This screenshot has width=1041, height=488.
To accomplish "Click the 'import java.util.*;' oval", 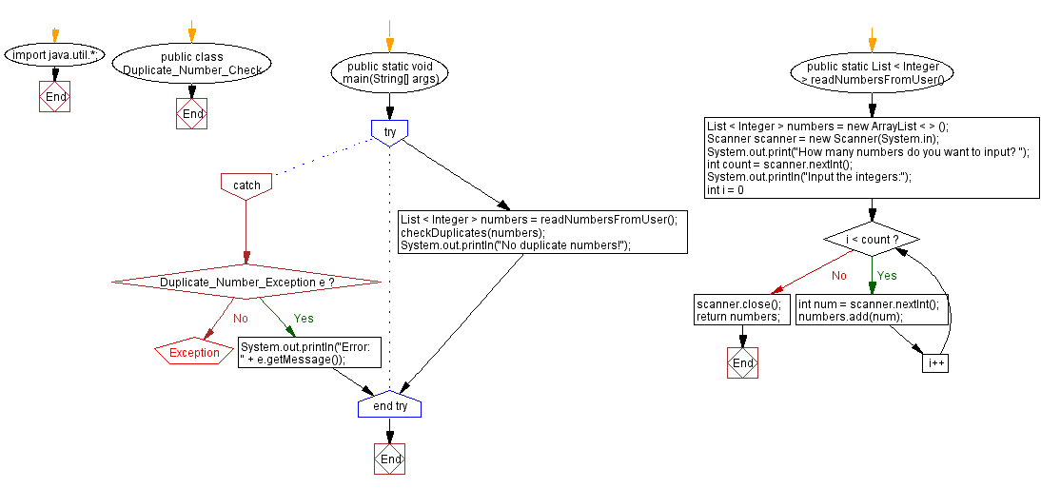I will [x=53, y=54].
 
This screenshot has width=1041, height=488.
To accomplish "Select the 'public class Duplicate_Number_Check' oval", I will [x=192, y=63].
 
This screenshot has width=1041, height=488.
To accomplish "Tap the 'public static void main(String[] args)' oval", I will [x=389, y=71].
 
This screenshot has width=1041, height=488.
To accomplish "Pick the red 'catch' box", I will [x=246, y=185].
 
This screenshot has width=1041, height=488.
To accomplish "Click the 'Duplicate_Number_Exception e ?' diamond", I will [x=246, y=283].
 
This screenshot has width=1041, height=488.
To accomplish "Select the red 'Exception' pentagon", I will [x=194, y=352].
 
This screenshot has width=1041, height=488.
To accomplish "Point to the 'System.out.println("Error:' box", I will [x=309, y=353].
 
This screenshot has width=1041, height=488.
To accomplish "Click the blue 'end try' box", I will [x=389, y=406].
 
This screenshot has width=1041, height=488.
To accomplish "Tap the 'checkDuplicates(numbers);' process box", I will [x=541, y=232].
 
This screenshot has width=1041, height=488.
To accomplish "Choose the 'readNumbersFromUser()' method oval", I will [x=873, y=73].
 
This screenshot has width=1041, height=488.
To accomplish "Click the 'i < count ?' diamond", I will [x=872, y=240].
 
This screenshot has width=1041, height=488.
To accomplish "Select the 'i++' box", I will [x=934, y=363].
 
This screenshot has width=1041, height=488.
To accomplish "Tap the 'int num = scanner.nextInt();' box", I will [x=868, y=310].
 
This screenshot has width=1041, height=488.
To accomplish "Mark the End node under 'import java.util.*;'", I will [x=55, y=97].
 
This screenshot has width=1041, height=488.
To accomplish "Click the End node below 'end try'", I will [x=390, y=459].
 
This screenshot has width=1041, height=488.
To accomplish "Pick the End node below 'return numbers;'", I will [x=743, y=363].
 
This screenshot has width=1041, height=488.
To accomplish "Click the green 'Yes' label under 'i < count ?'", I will [x=886, y=276].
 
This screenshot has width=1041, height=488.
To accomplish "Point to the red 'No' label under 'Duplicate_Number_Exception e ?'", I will [x=240, y=319].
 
